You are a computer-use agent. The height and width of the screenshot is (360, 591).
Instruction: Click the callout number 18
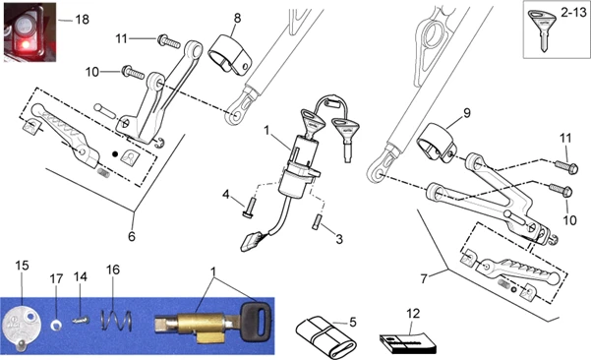(x=83, y=20)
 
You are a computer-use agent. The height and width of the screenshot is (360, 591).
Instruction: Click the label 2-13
(x=573, y=13)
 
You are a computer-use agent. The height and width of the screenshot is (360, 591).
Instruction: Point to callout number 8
(x=237, y=18)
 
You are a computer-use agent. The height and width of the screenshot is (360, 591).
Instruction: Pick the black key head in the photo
(x=256, y=318)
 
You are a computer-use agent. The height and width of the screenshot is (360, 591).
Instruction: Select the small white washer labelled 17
(x=56, y=325)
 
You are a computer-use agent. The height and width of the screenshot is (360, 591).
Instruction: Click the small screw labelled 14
(x=81, y=321)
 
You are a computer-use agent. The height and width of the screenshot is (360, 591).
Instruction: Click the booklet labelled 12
(x=407, y=342)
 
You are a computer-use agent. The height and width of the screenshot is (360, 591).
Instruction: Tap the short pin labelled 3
(x=316, y=221)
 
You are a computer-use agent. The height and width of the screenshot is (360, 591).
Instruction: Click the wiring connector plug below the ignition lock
(x=251, y=241)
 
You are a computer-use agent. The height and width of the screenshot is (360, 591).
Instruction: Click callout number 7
(x=424, y=278)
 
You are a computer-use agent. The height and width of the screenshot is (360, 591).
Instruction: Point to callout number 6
(x=131, y=236)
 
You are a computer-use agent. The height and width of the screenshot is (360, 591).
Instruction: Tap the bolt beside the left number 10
(x=133, y=73)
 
